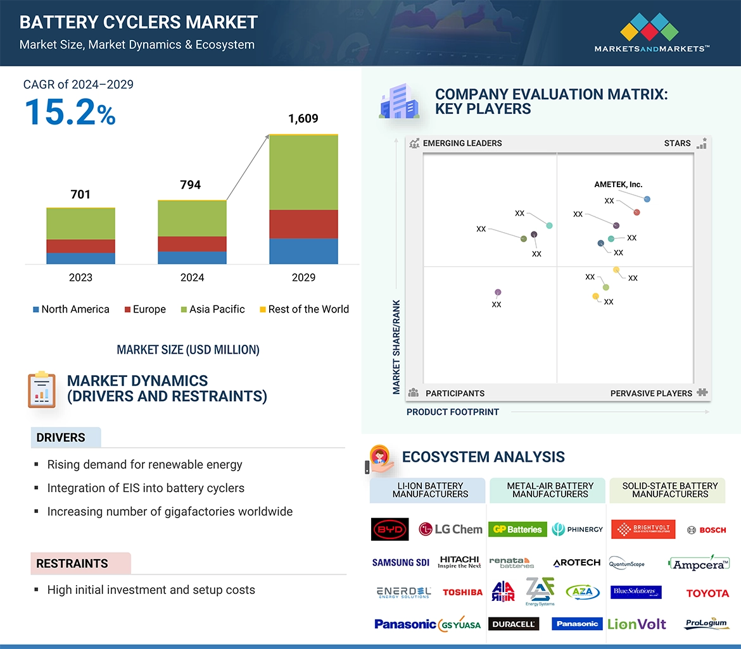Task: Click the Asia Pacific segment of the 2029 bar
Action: coord(303,172)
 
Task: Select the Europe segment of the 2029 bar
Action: coord(303,224)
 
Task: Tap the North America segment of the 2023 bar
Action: coord(80,258)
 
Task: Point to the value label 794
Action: coord(190,185)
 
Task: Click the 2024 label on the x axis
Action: coord(192,277)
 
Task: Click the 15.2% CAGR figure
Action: coord(70,111)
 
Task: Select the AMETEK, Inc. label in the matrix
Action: coord(618,185)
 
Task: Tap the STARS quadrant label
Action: coord(677,143)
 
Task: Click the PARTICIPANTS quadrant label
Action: coord(455,393)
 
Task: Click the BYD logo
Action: coord(389,529)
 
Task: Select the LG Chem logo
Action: coord(450,529)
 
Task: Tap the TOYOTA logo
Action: coord(707,593)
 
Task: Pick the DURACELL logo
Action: coord(514,624)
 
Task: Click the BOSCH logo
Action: coord(706,530)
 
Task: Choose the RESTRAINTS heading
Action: coord(72,564)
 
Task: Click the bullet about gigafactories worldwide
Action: coord(170,511)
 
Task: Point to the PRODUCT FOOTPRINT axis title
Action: coord(452,412)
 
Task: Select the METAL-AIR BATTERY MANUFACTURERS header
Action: coord(550,490)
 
